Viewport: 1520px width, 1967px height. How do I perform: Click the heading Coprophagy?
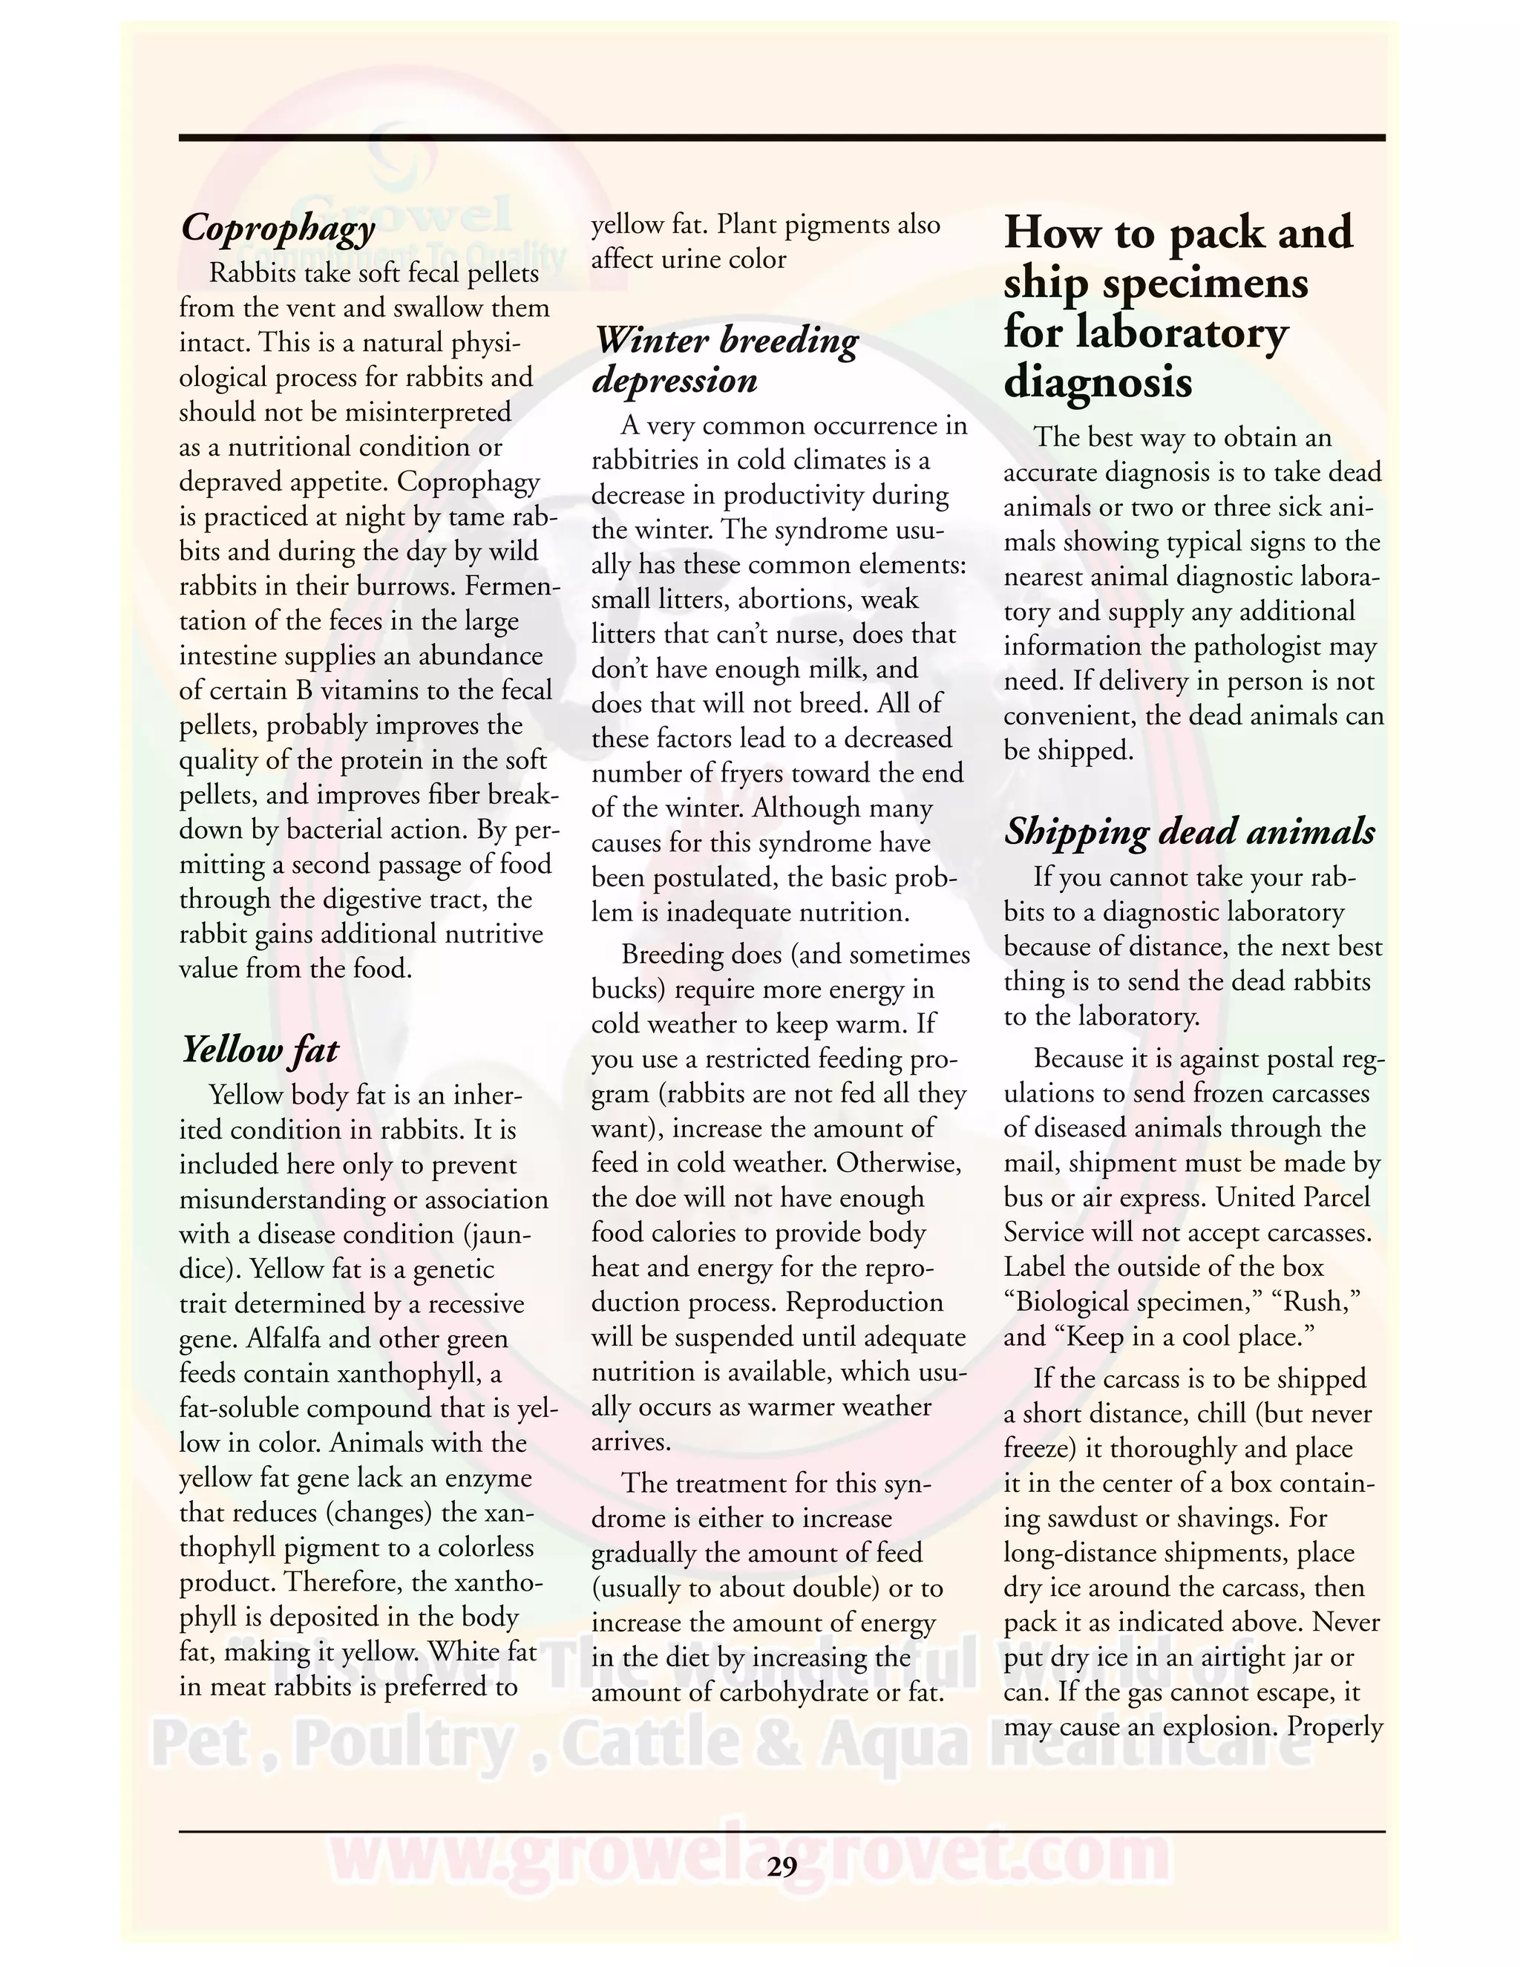278,228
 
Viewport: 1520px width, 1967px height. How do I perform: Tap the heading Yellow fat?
261,1050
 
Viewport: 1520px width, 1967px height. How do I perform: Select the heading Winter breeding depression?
726,360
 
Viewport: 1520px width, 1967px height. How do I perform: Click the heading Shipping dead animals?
1190,831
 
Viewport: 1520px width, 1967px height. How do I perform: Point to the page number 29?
782,1866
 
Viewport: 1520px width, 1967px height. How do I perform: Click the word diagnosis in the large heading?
1098,384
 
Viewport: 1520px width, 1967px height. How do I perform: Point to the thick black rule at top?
781,138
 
